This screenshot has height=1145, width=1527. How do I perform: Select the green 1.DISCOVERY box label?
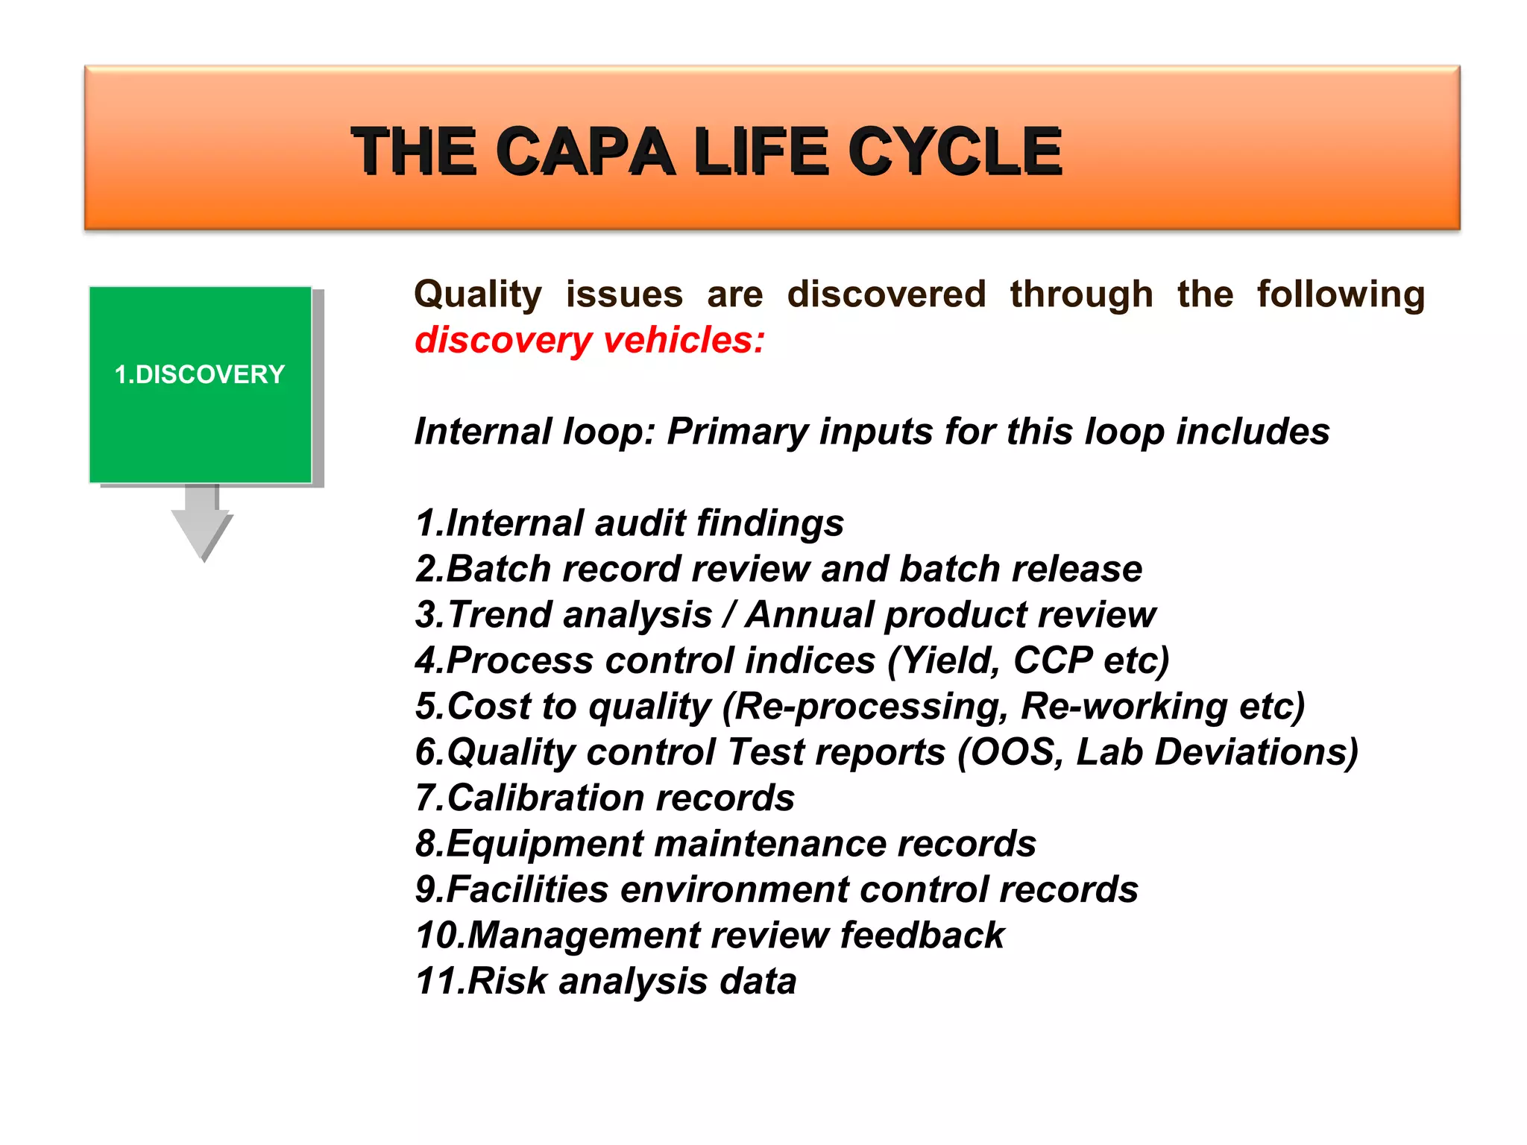click(x=200, y=374)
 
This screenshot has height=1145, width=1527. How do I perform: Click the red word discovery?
click(x=503, y=341)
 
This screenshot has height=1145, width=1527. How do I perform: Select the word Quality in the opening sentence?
click(x=478, y=294)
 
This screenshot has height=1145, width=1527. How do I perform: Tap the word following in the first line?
click(x=1340, y=294)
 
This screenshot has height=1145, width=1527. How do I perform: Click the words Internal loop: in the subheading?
click(x=534, y=432)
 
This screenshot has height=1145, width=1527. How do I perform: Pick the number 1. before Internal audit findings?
click(x=429, y=523)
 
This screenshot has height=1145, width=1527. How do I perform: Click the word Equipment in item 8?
click(x=544, y=845)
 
